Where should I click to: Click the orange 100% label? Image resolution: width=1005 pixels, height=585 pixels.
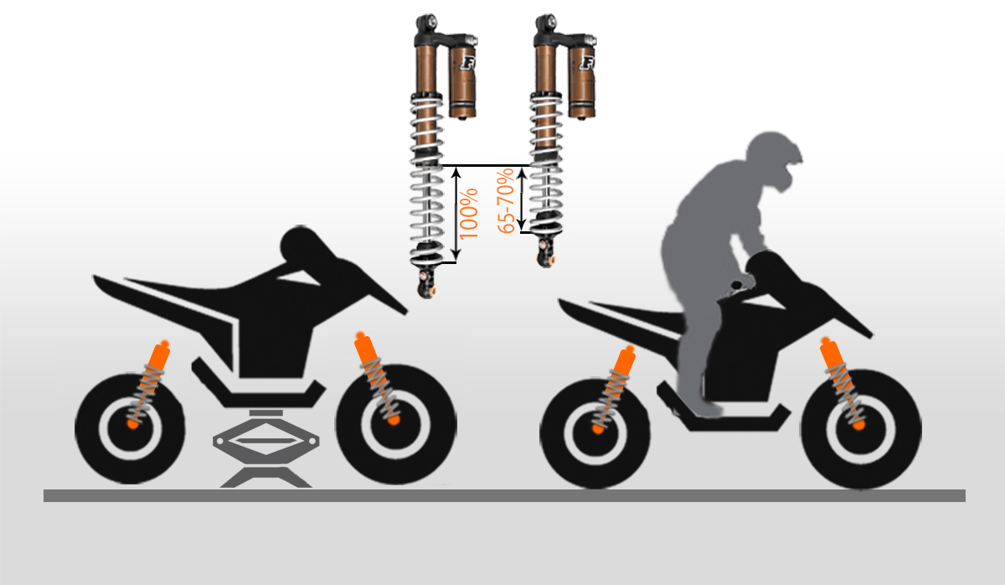pos(469,214)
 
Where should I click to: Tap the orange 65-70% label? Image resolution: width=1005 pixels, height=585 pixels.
pos(506,200)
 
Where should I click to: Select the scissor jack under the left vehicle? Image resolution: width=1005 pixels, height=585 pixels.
pos(266,448)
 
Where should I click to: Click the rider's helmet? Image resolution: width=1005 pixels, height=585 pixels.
pos(774,159)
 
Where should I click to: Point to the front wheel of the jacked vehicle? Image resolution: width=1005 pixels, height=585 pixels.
pos(396,425)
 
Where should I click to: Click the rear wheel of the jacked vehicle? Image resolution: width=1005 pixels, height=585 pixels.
pos(130,429)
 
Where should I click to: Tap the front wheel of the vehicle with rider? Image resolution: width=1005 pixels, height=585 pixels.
pos(862,429)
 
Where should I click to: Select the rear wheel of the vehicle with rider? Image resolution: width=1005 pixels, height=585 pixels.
pos(595,433)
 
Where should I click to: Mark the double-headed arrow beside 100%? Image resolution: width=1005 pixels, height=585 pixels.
pos(456,214)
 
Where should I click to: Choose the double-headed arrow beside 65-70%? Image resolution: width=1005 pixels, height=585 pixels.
pos(521,198)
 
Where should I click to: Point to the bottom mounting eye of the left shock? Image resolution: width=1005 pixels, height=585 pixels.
pos(425,286)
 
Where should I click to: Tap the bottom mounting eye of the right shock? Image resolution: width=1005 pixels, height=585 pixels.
pos(546,255)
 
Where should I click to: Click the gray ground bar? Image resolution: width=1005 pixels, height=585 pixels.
pos(504,495)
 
